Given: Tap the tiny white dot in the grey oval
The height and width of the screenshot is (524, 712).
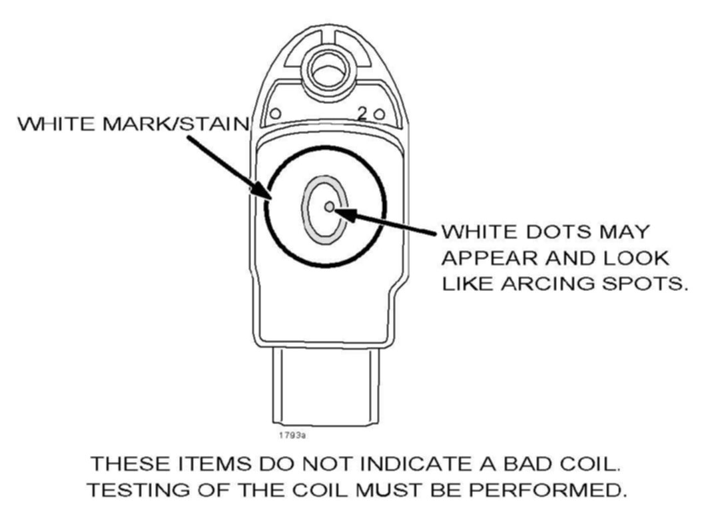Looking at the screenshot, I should (329, 207).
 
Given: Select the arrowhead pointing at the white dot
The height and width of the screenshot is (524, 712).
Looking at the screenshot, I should (341, 212).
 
